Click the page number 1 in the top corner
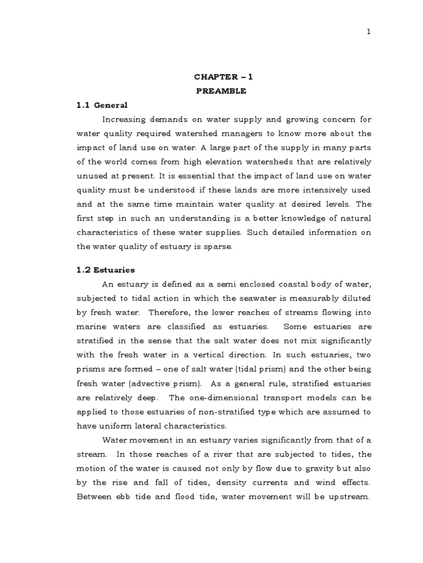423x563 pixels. [368, 32]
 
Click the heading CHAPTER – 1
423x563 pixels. [222, 78]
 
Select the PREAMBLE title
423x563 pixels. [222, 91]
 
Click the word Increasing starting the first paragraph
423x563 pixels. [125, 119]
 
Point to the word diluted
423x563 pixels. [357, 298]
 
